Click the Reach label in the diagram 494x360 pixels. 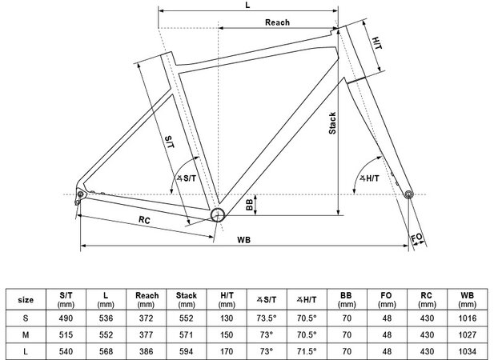tap(277, 23)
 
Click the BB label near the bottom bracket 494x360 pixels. tap(250, 205)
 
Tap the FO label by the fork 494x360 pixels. tap(416, 238)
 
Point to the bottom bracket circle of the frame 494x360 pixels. tap(218, 214)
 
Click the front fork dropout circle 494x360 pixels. tap(409, 194)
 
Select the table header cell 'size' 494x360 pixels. tap(26, 300)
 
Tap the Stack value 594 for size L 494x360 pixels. tap(186, 350)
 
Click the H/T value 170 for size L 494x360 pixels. tap(226, 350)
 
